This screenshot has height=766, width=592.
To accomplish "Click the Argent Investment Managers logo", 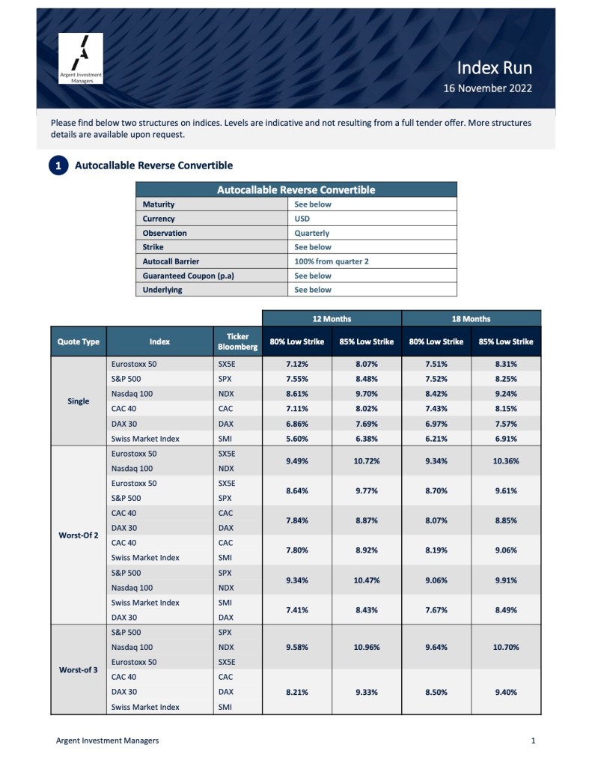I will coord(81,58).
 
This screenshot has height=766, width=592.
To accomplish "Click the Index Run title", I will coord(495,68).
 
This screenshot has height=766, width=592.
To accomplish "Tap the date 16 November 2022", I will coord(487,88).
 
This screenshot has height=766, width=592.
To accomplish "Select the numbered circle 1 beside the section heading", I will coord(58,165).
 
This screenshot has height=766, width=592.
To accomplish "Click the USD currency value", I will coord(302,219).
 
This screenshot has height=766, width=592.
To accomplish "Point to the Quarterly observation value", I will coord(311,233).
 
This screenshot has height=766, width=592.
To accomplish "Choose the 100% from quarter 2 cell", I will coord(332,261).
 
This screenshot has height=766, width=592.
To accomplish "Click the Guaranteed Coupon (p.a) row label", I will coord(188,276).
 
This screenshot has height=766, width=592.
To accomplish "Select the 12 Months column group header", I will coord(332,318).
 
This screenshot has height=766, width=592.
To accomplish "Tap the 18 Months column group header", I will coord(471,318).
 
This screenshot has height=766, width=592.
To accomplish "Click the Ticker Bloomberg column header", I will coord(237,341).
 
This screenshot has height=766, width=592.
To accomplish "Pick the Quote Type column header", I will coord(79,341).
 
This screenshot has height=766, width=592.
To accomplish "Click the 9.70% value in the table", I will coord(367,394).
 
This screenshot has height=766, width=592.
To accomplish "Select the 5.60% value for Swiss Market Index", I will coord(297,438).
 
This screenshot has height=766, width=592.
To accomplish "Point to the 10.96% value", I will coord(367,647).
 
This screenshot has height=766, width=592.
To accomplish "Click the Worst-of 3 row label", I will coord(79,669).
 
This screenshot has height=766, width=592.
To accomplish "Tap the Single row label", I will coord(79,401).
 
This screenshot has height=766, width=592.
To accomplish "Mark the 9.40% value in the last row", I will coord(506,692).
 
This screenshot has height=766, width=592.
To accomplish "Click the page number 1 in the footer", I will coord(533,741).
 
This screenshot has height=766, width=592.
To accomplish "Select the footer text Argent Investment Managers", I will coord(107,741).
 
